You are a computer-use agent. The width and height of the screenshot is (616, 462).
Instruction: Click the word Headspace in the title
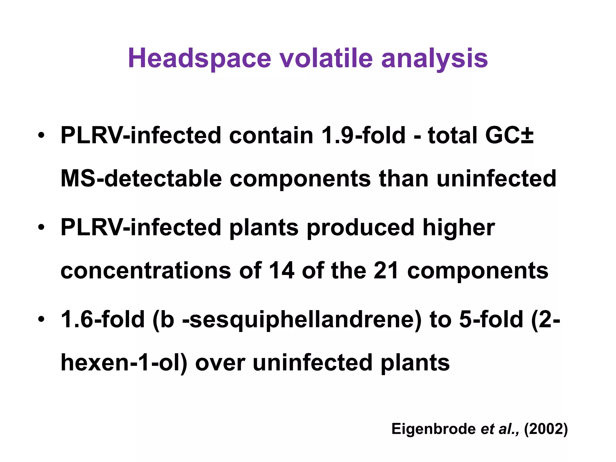[x=199, y=58]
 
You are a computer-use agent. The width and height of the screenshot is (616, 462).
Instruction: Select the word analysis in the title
[x=434, y=58]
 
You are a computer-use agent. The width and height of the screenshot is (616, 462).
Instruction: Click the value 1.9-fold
[x=363, y=135]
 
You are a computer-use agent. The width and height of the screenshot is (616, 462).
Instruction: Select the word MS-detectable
[x=141, y=179]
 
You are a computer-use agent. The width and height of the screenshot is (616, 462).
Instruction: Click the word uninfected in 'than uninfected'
[x=496, y=179]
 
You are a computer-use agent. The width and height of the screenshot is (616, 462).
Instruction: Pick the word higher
[x=459, y=228]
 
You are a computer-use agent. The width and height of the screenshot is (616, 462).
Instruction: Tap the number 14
[x=282, y=271]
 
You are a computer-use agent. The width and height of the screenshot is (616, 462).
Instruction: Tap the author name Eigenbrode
[x=433, y=429]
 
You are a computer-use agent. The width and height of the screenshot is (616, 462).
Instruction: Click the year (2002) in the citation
[x=546, y=429]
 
